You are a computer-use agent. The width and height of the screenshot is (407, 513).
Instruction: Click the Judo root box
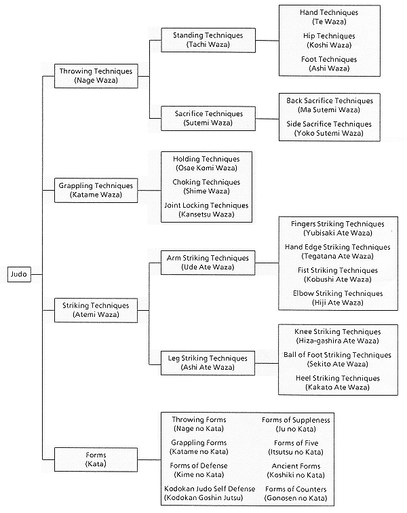coord(19,274)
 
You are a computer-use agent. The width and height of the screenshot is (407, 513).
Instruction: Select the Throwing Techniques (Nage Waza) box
coord(96,76)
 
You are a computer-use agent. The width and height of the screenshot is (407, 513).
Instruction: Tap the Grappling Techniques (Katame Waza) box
coord(96,191)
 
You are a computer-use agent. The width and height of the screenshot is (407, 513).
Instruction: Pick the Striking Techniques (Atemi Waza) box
coord(96,310)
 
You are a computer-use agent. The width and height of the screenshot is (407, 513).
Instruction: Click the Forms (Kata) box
coord(96,459)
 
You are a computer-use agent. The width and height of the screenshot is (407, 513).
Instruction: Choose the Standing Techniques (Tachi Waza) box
coord(208,40)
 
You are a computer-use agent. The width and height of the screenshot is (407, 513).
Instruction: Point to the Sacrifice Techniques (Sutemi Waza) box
coord(208,119)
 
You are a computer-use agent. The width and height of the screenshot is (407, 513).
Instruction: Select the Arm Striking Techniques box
coord(208,263)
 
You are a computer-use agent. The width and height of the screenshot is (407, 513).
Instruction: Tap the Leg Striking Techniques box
coord(208,363)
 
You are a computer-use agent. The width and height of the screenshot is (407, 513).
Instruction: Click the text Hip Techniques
coord(329,36)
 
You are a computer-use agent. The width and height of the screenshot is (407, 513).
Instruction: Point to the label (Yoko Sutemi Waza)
coord(329,133)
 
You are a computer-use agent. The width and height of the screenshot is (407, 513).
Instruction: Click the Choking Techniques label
coord(206,183)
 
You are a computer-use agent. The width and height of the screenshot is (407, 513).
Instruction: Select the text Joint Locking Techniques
coord(206,206)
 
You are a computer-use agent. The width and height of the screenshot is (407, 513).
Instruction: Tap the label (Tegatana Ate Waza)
coord(338,256)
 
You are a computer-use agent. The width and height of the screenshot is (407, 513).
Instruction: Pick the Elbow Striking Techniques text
coord(338,293)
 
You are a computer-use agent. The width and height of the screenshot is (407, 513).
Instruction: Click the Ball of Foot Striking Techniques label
coord(337,355)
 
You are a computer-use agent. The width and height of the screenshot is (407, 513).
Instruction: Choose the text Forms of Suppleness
coord(296,420)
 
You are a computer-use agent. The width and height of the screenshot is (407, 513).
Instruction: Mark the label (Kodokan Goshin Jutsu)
coord(203,498)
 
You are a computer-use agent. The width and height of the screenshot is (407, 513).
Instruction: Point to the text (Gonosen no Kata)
coord(296,498)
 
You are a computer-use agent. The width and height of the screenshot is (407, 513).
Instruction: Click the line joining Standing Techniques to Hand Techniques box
coord(267,41)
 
